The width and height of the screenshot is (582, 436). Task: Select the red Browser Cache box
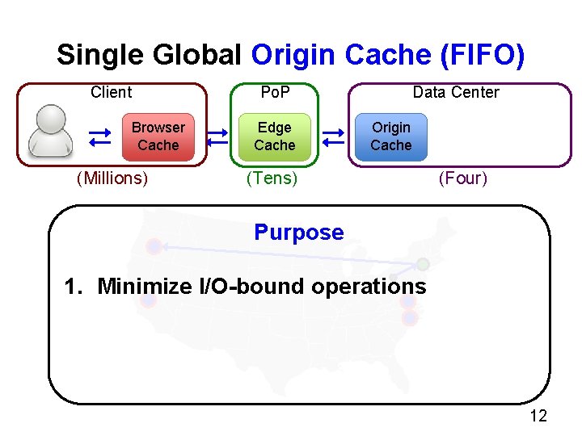pyautogui.click(x=158, y=136)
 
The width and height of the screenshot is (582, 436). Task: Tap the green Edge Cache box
pyautogui.click(x=275, y=136)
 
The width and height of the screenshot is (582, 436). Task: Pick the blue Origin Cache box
pyautogui.click(x=391, y=136)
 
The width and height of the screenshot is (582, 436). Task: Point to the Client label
pyautogui.click(x=112, y=92)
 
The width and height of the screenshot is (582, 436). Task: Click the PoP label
pyautogui.click(x=275, y=92)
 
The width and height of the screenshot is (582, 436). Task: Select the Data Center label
pyautogui.click(x=456, y=92)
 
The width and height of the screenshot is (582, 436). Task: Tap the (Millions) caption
pyautogui.click(x=112, y=178)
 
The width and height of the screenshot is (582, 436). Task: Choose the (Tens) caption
pyautogui.click(x=272, y=178)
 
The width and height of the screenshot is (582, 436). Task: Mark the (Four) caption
pyautogui.click(x=463, y=178)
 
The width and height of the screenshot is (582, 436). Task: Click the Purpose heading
pyautogui.click(x=298, y=233)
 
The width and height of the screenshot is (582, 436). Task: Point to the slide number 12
pyautogui.click(x=538, y=416)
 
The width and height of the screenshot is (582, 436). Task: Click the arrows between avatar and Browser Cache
pyautogui.click(x=100, y=137)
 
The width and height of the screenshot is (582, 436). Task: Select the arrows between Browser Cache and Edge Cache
pyautogui.click(x=217, y=137)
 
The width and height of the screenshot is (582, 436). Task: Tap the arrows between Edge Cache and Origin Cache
pyautogui.click(x=333, y=137)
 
